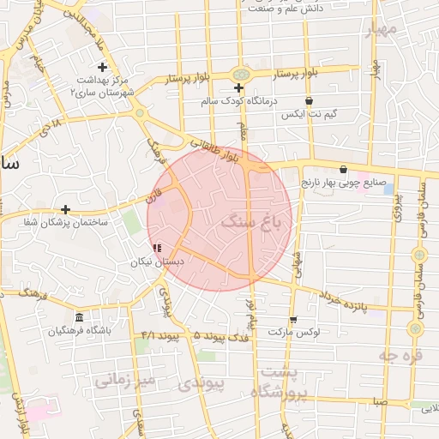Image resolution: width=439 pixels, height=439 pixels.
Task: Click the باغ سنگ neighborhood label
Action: [256, 223]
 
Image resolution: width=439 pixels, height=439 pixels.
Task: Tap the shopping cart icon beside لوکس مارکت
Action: [293, 319]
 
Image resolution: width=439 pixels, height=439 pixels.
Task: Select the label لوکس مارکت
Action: [294, 331]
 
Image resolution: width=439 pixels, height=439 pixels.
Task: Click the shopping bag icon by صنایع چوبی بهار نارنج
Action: [344, 169]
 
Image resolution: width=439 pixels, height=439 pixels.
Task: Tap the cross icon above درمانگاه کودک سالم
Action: [239, 88]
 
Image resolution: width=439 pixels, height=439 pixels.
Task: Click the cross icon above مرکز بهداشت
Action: [102, 67]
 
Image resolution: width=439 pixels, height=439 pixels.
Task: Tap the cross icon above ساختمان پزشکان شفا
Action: [66, 209]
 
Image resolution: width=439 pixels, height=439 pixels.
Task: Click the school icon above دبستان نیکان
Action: [157, 248]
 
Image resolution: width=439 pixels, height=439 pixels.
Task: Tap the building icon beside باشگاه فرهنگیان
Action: [79, 318]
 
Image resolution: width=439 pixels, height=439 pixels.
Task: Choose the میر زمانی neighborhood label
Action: [125, 378]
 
